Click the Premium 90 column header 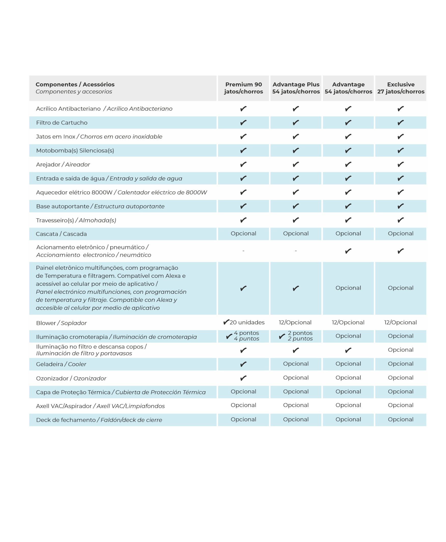[x=243, y=88]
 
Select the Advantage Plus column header [x=296, y=88]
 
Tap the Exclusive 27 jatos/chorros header [x=400, y=88]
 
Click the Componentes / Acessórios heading [x=75, y=84]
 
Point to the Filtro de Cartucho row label [x=62, y=123]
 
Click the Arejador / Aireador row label [x=63, y=164]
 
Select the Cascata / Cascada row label [x=61, y=234]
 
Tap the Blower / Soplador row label [x=61, y=323]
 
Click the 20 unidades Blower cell [x=244, y=322]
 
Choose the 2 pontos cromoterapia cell [x=296, y=336]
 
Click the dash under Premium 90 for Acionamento [x=243, y=251]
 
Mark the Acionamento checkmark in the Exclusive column [x=400, y=251]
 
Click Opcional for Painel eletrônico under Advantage [x=348, y=288]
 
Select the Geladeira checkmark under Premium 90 [x=243, y=364]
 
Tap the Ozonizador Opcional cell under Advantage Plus [x=296, y=378]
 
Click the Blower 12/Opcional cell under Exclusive [x=400, y=322]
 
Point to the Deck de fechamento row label [x=99, y=420]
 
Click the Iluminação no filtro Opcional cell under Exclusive [x=400, y=350]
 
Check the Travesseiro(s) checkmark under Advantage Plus [x=296, y=220]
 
